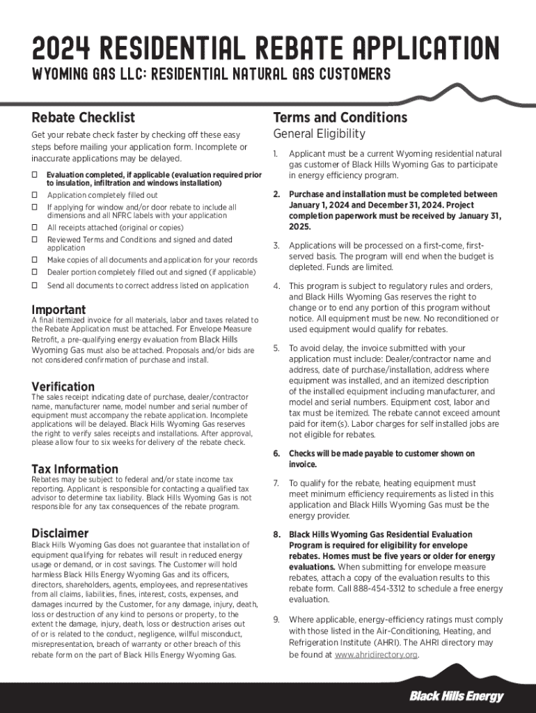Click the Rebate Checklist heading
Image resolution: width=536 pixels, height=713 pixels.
click(84, 117)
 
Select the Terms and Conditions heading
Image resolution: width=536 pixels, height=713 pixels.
click(340, 117)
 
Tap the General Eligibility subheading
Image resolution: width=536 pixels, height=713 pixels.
click(319, 134)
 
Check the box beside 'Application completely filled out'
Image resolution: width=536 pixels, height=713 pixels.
click(35, 196)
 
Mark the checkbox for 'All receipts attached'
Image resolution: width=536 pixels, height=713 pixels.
click(35, 228)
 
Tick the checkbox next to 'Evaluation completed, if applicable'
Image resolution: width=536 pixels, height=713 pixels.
click(35, 175)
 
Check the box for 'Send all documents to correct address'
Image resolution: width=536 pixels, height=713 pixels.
click(35, 285)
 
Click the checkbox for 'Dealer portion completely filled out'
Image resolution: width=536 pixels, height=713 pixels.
click(35, 272)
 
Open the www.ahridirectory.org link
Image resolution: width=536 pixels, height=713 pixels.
click(376, 655)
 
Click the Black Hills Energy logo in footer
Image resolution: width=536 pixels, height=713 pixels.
click(456, 696)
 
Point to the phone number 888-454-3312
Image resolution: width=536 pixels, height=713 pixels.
click(382, 588)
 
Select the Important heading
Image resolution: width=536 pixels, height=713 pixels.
click(59, 310)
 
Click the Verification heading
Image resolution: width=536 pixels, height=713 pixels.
click(63, 386)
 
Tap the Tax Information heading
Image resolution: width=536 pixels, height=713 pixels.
click(75, 469)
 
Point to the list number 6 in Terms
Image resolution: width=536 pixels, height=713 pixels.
click(276, 454)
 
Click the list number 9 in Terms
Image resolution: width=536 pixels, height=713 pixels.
click(276, 620)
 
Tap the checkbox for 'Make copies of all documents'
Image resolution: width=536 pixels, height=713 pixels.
click(35, 260)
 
